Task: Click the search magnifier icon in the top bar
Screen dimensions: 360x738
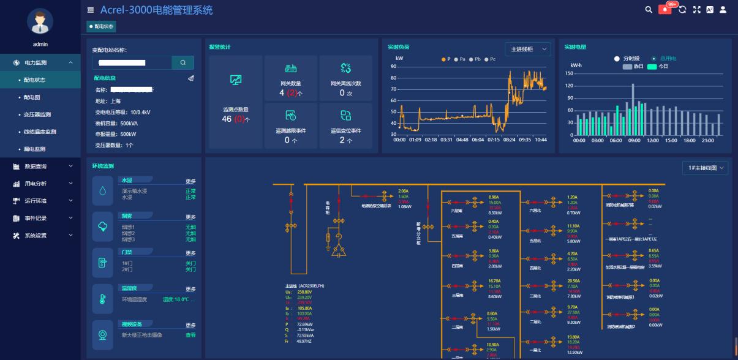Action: pyautogui.click(x=649, y=10)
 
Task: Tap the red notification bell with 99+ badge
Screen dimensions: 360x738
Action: pyautogui.click(x=665, y=10)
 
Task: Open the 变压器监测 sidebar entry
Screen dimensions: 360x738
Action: pyautogui.click(x=37, y=114)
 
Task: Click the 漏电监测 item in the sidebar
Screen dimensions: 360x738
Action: pyautogui.click(x=35, y=149)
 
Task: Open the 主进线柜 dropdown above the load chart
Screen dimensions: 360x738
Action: pyautogui.click(x=527, y=50)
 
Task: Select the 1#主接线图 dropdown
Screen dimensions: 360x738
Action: pyautogui.click(x=705, y=168)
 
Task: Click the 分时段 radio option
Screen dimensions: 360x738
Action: pyautogui.click(x=627, y=59)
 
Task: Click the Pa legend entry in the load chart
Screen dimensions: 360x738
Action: pyautogui.click(x=460, y=59)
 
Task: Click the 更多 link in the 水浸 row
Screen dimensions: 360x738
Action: pyautogui.click(x=190, y=181)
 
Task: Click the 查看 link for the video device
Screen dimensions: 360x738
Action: pyautogui.click(x=190, y=335)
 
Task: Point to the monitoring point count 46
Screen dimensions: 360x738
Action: pyautogui.click(x=226, y=119)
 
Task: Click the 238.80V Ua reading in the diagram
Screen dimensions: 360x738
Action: pyautogui.click(x=304, y=293)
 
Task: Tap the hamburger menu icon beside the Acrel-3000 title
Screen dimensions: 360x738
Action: pyautogui.click(x=91, y=10)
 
